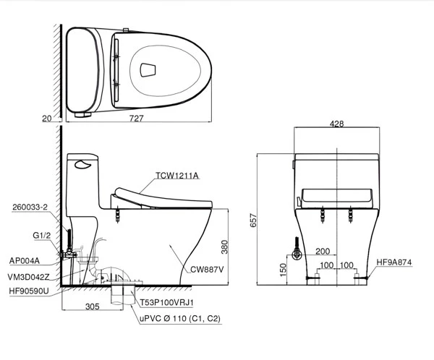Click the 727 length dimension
[x=137, y=118]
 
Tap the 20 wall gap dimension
[x=47, y=119]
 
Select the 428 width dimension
[x=336, y=124]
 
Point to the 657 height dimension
[x=254, y=220]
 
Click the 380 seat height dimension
[x=224, y=247]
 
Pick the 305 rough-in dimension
[x=92, y=307]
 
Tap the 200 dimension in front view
[x=323, y=251]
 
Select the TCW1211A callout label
[x=177, y=176]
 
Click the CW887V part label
[x=207, y=269]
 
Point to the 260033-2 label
[x=30, y=207]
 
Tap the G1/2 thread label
[x=42, y=236]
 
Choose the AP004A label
[x=25, y=261]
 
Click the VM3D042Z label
[x=28, y=277]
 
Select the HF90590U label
[x=29, y=291]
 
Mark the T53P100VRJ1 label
[x=166, y=303]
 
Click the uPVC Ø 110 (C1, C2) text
[x=180, y=319]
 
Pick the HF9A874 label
[x=394, y=262]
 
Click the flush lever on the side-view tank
[x=82, y=165]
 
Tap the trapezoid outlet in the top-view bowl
[x=148, y=69]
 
